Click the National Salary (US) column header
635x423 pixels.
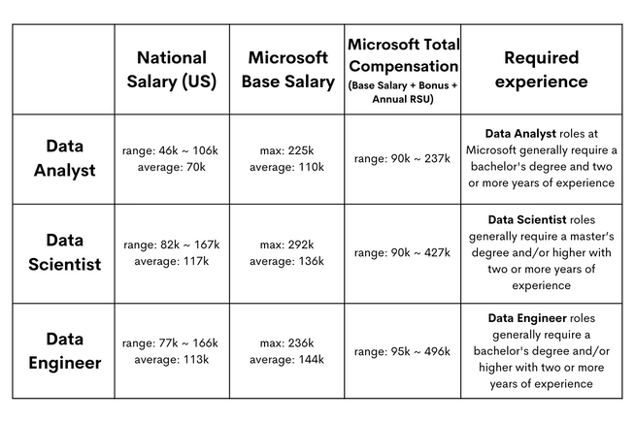click(x=171, y=69)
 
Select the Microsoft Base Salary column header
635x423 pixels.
click(x=287, y=69)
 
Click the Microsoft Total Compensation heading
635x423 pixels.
click(x=403, y=56)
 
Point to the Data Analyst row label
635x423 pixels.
click(x=63, y=158)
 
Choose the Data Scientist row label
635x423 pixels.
click(x=63, y=252)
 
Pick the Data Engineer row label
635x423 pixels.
click(x=63, y=351)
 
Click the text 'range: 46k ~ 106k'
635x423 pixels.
click(x=172, y=151)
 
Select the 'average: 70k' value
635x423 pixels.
click(x=172, y=167)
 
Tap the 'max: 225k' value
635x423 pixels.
click(x=287, y=151)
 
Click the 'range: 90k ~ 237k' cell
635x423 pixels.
click(x=402, y=159)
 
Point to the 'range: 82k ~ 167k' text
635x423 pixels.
click(x=172, y=245)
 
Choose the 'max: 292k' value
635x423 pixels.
click(x=287, y=245)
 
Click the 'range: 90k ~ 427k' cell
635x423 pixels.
click(x=402, y=253)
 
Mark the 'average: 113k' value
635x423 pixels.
click(x=172, y=359)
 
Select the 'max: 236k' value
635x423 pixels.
click(x=287, y=343)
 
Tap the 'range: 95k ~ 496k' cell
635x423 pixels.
click(x=402, y=351)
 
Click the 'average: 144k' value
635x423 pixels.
click(x=287, y=359)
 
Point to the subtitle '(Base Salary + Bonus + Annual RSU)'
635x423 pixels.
click(x=403, y=92)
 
